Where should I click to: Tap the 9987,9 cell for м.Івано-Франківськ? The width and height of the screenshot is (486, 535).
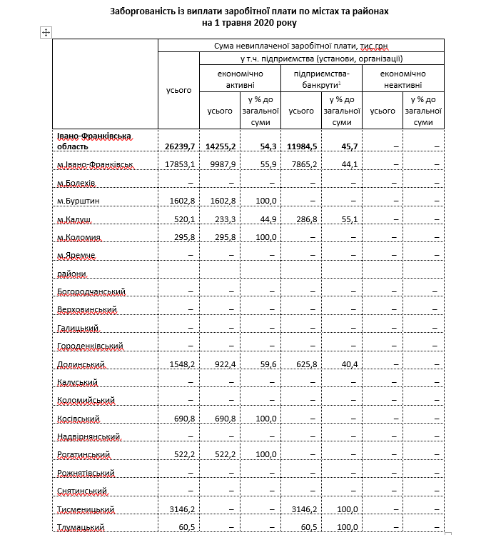[221, 165]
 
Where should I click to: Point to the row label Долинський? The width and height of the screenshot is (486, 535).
[81, 364]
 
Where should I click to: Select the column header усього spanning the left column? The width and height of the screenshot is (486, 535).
[178, 91]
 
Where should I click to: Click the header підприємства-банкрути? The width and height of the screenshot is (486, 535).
[321, 79]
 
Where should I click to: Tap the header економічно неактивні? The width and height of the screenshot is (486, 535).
[403, 79]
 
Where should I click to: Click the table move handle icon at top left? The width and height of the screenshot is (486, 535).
[46, 33]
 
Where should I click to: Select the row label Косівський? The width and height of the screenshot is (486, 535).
[79, 419]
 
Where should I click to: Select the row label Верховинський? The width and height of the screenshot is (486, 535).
[86, 310]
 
